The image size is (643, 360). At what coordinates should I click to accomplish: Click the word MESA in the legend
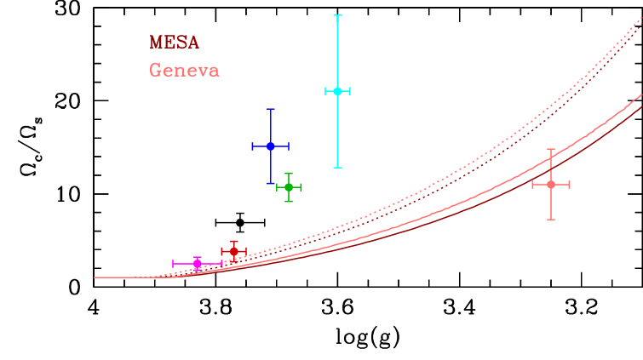(174, 43)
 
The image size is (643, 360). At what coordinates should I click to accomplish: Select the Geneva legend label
(184, 70)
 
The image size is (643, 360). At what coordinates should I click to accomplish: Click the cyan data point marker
(337, 91)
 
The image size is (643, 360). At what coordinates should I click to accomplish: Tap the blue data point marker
(270, 146)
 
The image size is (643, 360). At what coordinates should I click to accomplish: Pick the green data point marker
(289, 187)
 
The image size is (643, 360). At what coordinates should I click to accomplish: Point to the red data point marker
(233, 251)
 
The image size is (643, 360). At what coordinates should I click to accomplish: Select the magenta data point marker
(198, 264)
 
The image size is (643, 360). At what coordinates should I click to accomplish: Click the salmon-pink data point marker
(551, 184)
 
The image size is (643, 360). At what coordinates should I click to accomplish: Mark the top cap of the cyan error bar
(337, 15)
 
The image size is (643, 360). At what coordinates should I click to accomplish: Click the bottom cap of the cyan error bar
(337, 168)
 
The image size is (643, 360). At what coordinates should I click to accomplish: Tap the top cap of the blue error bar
(270, 109)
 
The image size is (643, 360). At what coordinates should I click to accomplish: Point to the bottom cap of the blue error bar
(270, 183)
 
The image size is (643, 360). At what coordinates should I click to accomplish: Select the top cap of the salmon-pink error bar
(551, 149)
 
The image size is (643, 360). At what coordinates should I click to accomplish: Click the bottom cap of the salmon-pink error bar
(551, 220)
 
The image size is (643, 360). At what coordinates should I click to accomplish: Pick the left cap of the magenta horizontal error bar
(173, 264)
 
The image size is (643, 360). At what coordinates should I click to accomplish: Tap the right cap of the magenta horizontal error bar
(222, 264)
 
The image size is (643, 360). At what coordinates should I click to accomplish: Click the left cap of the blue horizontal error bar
(252, 146)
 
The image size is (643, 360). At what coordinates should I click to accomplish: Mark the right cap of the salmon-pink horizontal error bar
(570, 184)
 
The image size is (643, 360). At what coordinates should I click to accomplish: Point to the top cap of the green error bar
(289, 173)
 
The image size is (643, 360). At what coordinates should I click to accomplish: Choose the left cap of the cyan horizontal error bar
(325, 91)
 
